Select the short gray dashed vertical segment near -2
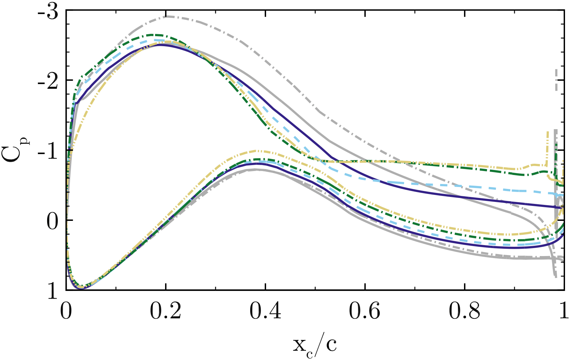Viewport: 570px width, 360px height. click(x=556, y=80)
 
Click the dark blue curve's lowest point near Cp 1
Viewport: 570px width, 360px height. click(x=81, y=289)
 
